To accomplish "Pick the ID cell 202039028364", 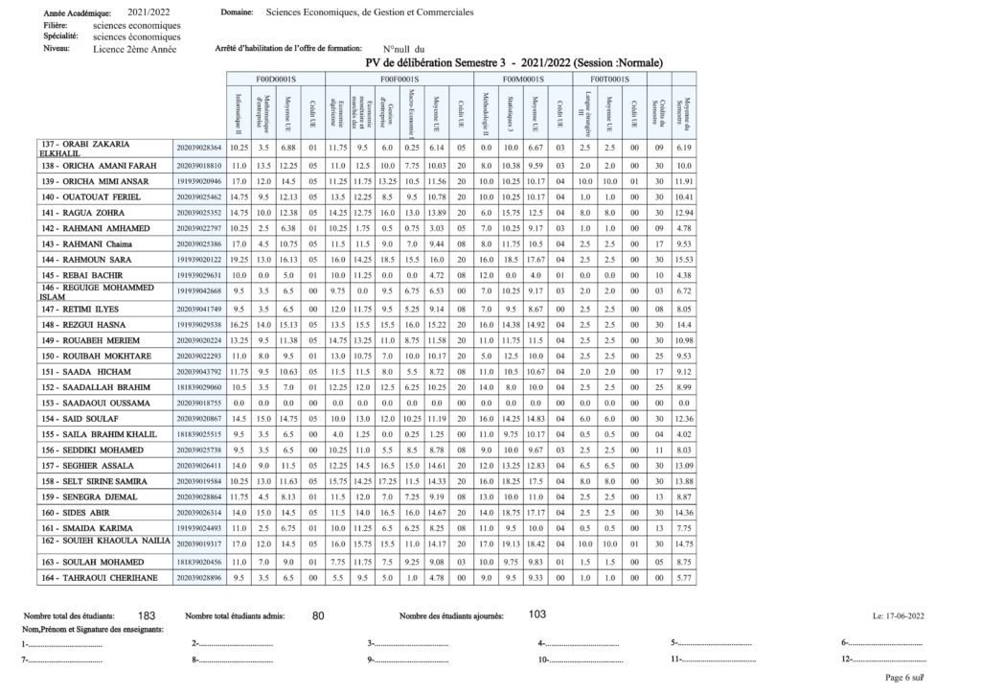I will (x=199, y=148).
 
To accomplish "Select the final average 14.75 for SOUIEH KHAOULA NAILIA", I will (x=683, y=544).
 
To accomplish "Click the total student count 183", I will (x=147, y=615).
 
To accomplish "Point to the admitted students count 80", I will (x=320, y=615).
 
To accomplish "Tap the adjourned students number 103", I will (x=537, y=614).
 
